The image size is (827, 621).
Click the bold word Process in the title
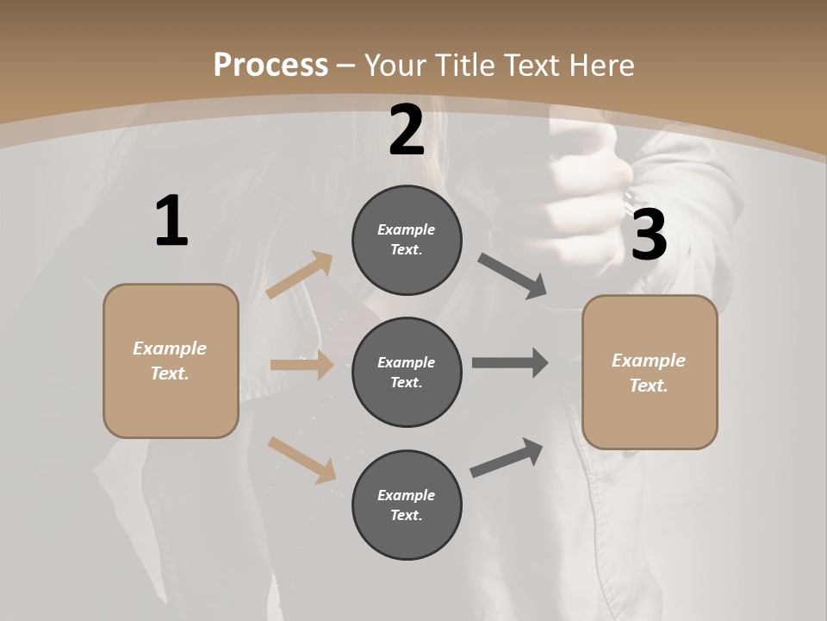[x=270, y=65]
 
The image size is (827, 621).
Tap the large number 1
[x=171, y=222]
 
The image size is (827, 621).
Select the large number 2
[x=407, y=130]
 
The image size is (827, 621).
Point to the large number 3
[x=649, y=235]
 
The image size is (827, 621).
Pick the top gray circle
[x=407, y=240]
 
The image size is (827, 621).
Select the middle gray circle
[x=407, y=372]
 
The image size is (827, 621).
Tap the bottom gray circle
[x=407, y=505]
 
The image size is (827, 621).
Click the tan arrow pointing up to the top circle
[x=300, y=275]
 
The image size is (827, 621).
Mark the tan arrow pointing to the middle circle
[x=302, y=365]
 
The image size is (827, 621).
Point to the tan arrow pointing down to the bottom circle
[x=302, y=459]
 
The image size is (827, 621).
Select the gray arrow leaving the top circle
[x=513, y=276]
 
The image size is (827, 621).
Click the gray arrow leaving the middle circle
[x=510, y=363]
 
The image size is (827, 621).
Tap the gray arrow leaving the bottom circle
[x=507, y=458]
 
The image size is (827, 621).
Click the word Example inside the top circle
[x=407, y=229]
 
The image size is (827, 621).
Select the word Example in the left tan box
[x=170, y=348]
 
